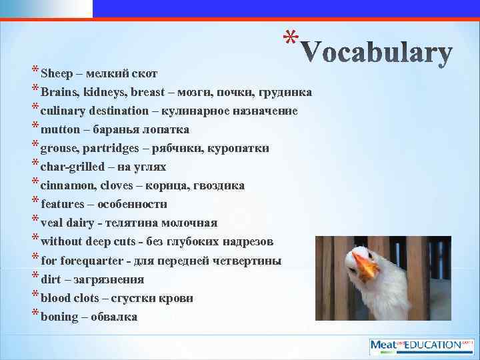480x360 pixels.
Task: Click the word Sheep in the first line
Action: click(x=54, y=73)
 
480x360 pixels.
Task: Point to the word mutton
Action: click(x=60, y=129)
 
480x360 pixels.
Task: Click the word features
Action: click(x=63, y=204)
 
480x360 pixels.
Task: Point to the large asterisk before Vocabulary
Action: click(x=288, y=37)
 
